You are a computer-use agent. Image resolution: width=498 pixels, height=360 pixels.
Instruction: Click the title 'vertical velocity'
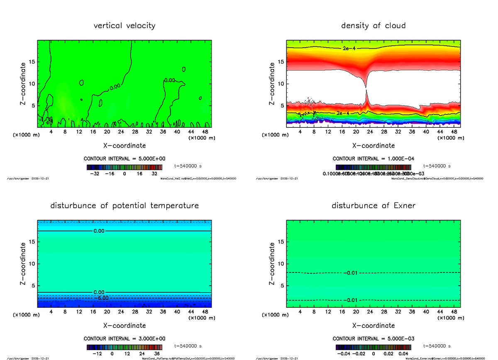pos(124,26)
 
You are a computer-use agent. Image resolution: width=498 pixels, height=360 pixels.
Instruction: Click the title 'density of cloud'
pos(373,26)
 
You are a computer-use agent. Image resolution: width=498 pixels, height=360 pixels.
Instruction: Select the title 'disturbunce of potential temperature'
pos(124,206)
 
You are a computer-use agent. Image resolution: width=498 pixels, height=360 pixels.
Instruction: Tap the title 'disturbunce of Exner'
pos(373,206)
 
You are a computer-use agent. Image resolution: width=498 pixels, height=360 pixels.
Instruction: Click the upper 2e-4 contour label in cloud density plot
pos(349,49)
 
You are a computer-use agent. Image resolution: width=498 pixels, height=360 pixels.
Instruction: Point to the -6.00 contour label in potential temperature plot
pos(101,298)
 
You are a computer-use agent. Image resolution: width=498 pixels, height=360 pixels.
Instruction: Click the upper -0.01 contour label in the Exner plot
pos(350,273)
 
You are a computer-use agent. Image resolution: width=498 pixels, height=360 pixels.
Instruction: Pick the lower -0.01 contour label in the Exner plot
pos(350,300)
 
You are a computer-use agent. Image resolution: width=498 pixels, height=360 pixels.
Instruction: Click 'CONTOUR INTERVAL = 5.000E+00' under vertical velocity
pos(124,159)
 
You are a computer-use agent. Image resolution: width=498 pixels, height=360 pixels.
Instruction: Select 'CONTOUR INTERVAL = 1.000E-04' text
pos(373,159)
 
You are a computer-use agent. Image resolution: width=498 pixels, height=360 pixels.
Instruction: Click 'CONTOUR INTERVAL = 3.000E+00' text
pos(124,339)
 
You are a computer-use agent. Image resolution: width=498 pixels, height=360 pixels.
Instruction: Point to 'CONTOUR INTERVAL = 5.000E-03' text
pos(373,339)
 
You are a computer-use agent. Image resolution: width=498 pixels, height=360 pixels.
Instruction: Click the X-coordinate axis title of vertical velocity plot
pos(124,146)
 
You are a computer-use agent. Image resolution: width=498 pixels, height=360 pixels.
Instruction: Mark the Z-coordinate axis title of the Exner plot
pos(272,264)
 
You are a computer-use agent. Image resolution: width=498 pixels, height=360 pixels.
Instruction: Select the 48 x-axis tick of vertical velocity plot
pos(205,132)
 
